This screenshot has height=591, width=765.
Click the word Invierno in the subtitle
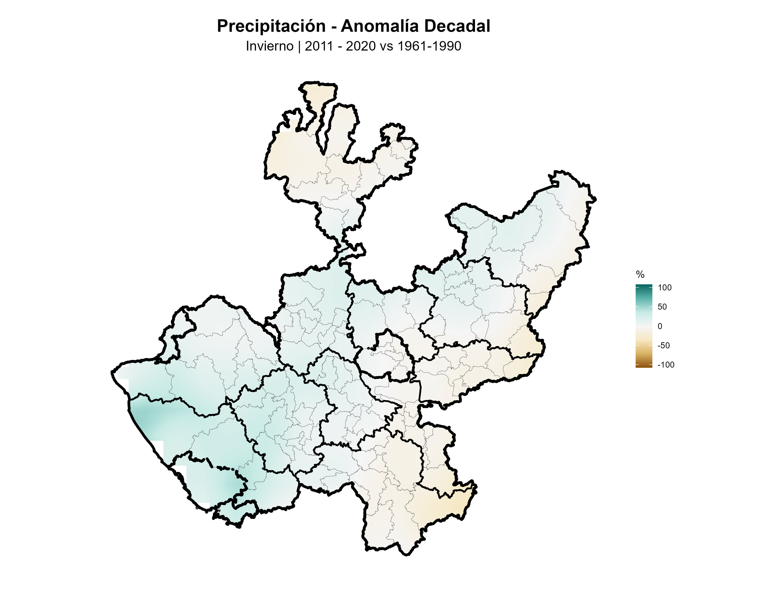[269, 46]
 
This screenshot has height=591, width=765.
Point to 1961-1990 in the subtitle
[429, 46]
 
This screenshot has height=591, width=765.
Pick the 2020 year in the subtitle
[360, 46]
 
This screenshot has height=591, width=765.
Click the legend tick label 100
[664, 288]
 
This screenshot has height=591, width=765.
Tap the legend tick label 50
[662, 307]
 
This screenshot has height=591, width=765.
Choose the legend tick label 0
[660, 326]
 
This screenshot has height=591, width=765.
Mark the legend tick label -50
[663, 346]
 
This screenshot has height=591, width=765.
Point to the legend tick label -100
[666, 365]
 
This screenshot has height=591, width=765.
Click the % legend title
[640, 274]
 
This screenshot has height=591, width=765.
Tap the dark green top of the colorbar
[644, 286]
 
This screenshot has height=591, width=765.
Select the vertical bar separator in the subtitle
[299, 46]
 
